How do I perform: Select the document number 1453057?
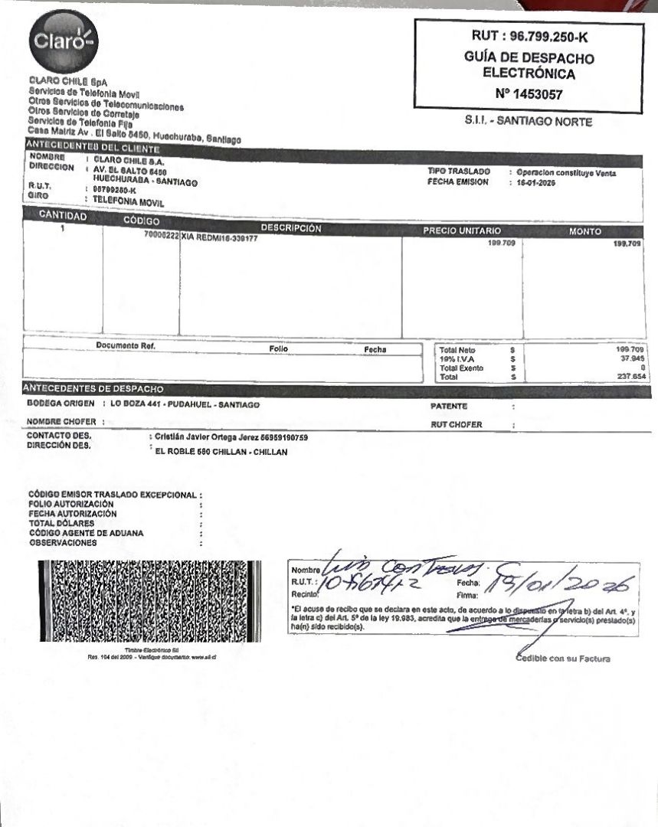[539, 95]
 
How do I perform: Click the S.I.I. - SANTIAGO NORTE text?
[528, 121]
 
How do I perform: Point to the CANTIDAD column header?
[63, 216]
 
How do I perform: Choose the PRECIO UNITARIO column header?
[462, 230]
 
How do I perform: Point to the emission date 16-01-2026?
[536, 183]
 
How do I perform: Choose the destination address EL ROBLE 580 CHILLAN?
[221, 453]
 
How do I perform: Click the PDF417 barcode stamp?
[149, 601]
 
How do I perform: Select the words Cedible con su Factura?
[563, 659]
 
